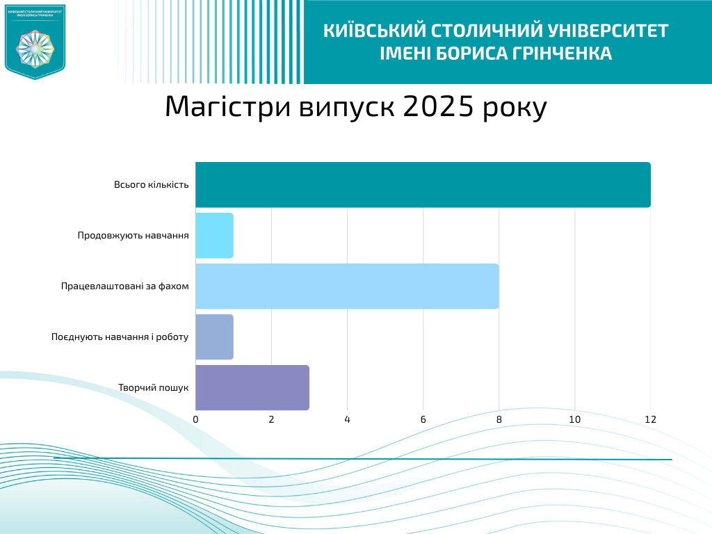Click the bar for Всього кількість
(423, 185)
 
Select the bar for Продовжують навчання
(214, 236)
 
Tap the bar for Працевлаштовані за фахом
(347, 286)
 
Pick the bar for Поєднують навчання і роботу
(214, 337)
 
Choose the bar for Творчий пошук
(252, 387)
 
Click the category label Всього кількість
(152, 185)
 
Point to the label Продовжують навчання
(133, 236)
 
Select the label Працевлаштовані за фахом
(125, 286)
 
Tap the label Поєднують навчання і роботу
(120, 337)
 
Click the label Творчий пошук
(154, 387)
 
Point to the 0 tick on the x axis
(195, 420)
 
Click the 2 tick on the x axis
(271, 420)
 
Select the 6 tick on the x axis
(423, 420)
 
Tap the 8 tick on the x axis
(499, 420)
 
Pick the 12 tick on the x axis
(650, 420)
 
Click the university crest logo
(35, 42)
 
